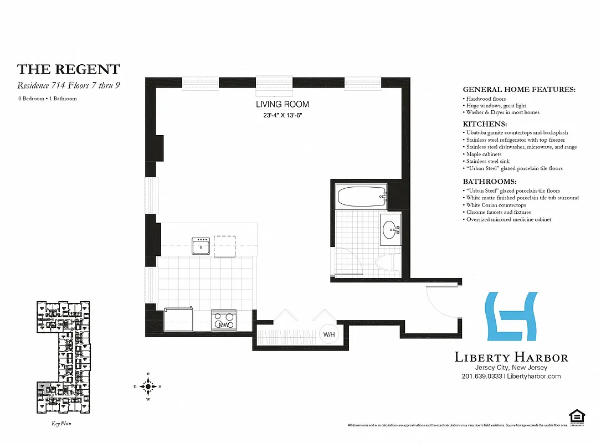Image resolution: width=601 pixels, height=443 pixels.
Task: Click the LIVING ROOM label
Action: point(282,104)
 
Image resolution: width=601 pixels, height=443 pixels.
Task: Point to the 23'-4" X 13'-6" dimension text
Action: point(282,116)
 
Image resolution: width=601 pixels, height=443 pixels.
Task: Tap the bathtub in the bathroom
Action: point(361,197)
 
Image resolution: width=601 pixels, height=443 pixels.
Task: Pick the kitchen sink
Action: point(201,245)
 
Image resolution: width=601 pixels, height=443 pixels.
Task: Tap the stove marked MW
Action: point(224,321)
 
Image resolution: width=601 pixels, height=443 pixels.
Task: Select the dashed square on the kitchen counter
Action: point(225,246)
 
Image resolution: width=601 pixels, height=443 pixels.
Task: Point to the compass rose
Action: point(148,386)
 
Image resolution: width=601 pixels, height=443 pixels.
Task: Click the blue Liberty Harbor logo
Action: point(511,316)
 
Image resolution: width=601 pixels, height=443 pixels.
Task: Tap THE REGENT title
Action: point(68,69)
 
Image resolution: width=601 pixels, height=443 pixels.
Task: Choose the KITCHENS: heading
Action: point(485,124)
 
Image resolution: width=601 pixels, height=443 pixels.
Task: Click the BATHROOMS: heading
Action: point(490,182)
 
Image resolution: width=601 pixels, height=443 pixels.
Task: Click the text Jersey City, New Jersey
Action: point(511,368)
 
